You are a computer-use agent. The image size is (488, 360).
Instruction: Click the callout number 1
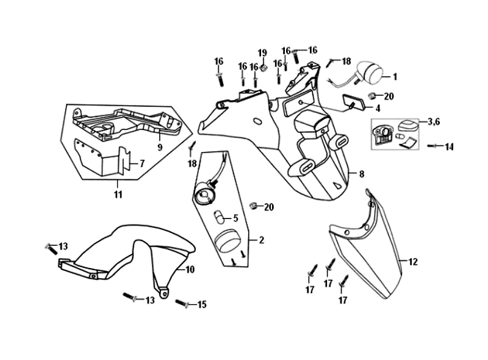(395, 77)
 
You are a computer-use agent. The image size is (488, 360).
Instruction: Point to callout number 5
(235, 217)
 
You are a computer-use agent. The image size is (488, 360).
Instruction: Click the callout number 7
(142, 164)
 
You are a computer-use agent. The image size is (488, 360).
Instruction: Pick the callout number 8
(361, 175)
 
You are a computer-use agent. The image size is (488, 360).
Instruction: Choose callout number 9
(159, 147)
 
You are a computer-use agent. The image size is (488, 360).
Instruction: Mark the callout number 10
(190, 269)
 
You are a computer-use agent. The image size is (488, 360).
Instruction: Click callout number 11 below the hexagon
(118, 195)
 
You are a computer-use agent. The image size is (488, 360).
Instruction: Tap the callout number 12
(413, 262)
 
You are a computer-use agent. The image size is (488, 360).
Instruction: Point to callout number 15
(202, 304)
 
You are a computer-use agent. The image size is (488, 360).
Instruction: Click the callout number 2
(261, 240)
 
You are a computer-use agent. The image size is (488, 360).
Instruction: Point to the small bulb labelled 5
(218, 216)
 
